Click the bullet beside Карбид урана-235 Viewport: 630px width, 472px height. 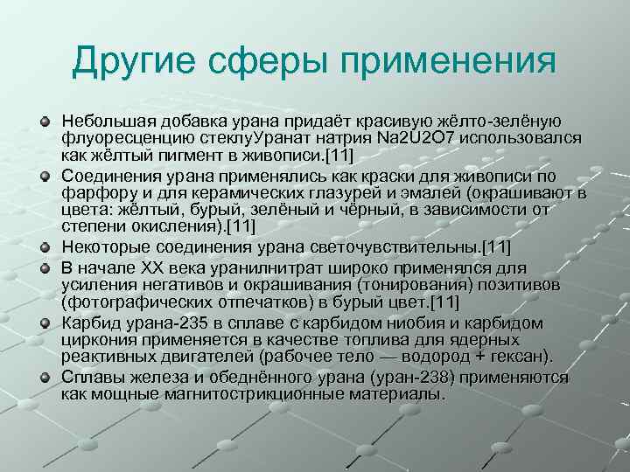pos(45,324)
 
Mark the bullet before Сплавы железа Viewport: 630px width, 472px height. pos(45,377)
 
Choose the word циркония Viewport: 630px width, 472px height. pos(96,340)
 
